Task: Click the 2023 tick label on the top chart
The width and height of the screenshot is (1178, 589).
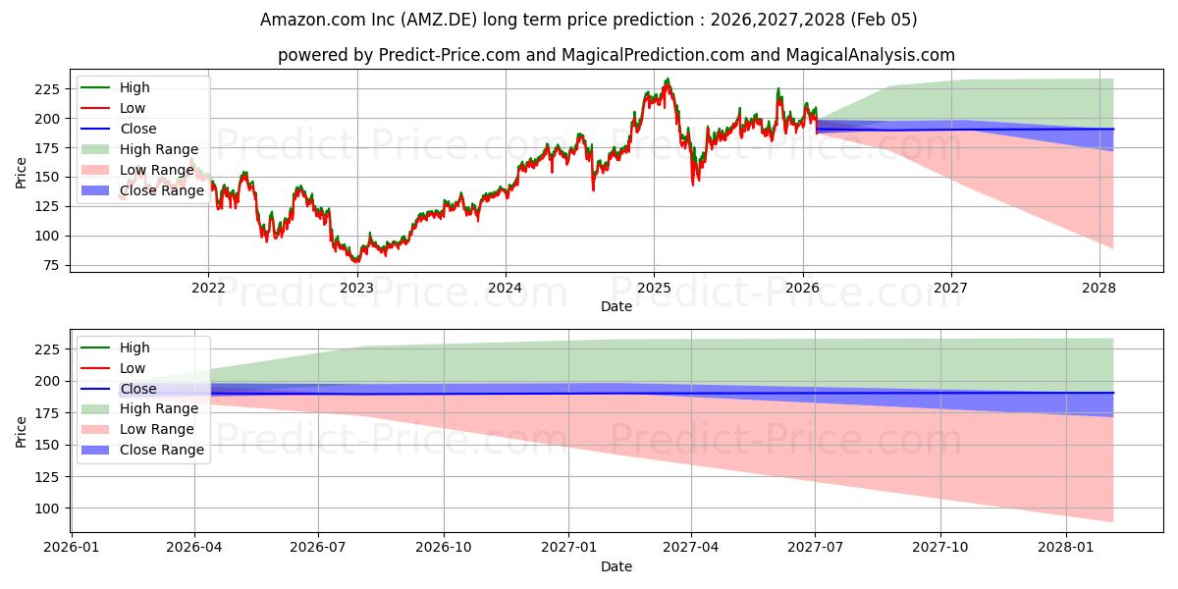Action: [x=356, y=288]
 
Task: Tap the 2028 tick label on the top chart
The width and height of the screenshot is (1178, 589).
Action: [x=1098, y=288]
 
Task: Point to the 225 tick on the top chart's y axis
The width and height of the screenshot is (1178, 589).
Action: [x=49, y=89]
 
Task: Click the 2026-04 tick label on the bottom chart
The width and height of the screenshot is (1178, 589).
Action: [x=194, y=547]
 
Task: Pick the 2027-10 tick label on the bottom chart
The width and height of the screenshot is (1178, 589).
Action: [x=940, y=547]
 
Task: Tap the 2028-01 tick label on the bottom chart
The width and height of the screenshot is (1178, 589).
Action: [x=1065, y=547]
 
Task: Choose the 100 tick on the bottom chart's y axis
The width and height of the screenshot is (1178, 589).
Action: [x=49, y=509]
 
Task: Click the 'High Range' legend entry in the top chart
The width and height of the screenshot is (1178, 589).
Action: [x=154, y=149]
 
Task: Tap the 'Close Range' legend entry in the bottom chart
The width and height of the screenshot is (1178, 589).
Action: [x=161, y=450]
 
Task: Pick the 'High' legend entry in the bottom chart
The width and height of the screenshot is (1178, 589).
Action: [x=134, y=348]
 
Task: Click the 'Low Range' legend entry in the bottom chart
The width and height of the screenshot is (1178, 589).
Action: [x=156, y=429]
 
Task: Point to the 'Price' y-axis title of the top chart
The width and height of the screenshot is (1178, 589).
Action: [x=22, y=174]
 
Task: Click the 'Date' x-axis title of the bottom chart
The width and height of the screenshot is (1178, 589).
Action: [x=616, y=566]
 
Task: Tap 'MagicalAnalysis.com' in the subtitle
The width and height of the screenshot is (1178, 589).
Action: [x=876, y=55]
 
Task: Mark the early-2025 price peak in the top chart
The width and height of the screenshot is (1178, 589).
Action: [x=668, y=80]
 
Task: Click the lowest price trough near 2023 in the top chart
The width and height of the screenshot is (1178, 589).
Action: [x=355, y=262]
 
